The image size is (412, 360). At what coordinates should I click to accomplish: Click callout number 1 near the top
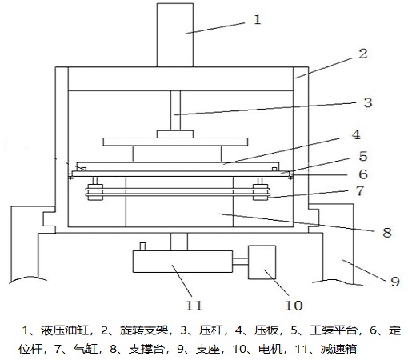point(258,20)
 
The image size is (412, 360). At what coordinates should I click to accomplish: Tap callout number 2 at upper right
point(363,54)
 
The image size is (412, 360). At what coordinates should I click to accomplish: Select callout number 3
point(368,102)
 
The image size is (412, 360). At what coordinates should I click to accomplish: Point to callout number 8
point(387,233)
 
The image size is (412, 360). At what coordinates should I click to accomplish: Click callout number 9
point(395,282)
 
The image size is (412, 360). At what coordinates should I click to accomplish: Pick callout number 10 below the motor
point(294,306)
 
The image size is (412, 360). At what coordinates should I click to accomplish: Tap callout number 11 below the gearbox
point(194,306)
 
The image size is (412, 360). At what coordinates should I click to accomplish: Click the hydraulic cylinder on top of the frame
point(175,35)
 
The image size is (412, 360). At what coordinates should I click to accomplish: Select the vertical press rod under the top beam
point(175,110)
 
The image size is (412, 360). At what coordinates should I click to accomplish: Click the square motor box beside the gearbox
point(262,262)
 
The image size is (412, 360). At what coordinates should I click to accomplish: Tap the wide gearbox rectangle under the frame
point(182,262)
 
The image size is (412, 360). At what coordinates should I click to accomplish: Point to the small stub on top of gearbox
point(142,246)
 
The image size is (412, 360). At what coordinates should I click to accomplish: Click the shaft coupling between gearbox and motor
point(240,262)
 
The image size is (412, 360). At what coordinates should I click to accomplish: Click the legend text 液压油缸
point(65,330)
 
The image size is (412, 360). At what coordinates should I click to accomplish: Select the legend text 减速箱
point(338,349)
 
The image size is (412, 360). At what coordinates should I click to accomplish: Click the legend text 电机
point(270,349)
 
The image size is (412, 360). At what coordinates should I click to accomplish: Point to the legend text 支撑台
point(146,349)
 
